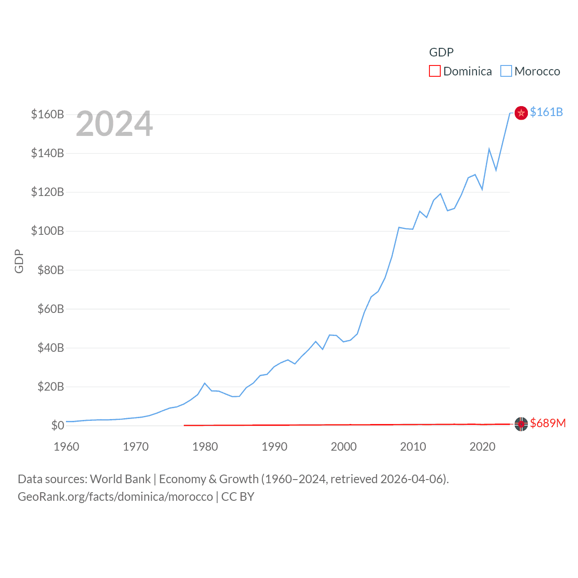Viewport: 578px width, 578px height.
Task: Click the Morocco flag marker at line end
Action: tap(521, 113)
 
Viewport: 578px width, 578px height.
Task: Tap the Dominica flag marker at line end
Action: tap(521, 424)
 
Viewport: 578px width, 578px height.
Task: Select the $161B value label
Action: tap(546, 112)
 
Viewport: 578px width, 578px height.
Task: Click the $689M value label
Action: tap(548, 423)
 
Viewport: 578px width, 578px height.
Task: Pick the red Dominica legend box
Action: tap(434, 71)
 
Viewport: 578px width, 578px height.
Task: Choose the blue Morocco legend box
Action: tap(506, 71)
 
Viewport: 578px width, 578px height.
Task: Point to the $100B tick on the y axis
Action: tap(47, 231)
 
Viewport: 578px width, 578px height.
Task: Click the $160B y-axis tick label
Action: tap(47, 114)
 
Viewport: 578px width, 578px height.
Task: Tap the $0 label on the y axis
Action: tap(57, 425)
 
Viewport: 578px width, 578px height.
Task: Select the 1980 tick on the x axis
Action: tap(205, 447)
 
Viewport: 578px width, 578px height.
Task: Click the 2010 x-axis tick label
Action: tap(413, 447)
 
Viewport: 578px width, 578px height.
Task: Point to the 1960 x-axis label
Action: tap(66, 447)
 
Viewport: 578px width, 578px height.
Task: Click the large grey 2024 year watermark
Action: tap(114, 124)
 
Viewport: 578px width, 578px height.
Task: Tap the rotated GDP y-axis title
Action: tap(19, 261)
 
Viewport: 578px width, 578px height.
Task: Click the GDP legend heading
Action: tap(441, 52)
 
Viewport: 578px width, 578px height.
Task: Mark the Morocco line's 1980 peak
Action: tap(205, 383)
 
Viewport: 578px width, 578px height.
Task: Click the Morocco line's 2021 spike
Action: tap(489, 149)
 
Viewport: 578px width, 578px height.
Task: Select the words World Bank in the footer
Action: tap(120, 479)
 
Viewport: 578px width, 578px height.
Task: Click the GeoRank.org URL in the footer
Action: tap(115, 497)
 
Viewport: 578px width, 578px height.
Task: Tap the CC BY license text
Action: tap(238, 497)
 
